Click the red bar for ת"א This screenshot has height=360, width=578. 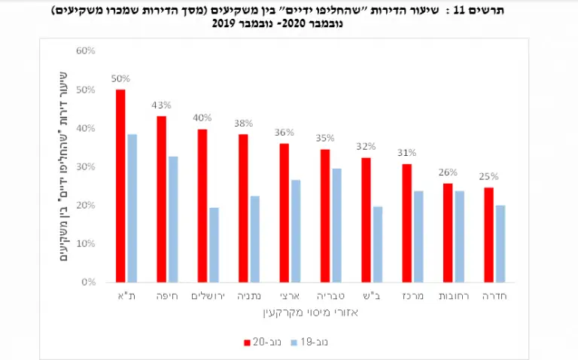point(120,185)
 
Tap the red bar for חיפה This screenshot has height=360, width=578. point(161,199)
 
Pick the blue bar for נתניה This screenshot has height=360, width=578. point(255,239)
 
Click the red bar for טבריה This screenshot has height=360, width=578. point(324,215)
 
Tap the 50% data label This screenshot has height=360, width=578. point(120,78)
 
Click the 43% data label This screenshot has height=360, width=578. point(161,105)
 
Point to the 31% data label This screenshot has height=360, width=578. point(406,153)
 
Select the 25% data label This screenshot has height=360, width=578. point(488,176)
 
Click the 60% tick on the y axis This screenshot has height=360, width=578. point(86,50)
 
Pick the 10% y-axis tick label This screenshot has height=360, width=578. point(86,243)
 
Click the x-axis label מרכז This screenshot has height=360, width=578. point(412,297)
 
